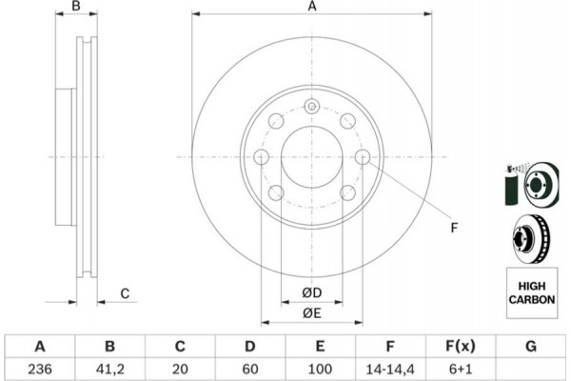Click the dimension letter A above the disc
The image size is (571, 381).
pyautogui.click(x=311, y=8)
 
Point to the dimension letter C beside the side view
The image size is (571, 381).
pyautogui.click(x=124, y=293)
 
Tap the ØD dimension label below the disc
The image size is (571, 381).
pyautogui.click(x=311, y=291)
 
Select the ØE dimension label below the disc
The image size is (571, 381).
pyautogui.click(x=311, y=313)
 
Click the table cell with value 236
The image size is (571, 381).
pyautogui.click(x=39, y=368)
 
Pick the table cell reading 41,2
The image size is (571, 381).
pyautogui.click(x=109, y=368)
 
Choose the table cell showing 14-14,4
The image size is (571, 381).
pyautogui.click(x=390, y=368)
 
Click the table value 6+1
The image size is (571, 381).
pyautogui.click(x=461, y=368)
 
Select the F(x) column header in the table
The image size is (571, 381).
pyautogui.click(x=461, y=346)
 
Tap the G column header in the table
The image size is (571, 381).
pyautogui.click(x=530, y=346)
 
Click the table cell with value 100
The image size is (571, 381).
pyautogui.click(x=321, y=368)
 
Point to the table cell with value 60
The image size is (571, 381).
pyautogui.click(x=250, y=368)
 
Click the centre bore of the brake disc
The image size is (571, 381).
pyautogui.click(x=311, y=157)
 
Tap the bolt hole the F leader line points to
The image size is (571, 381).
pyautogui.click(x=363, y=157)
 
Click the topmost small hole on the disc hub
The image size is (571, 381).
pyautogui.click(x=311, y=107)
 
